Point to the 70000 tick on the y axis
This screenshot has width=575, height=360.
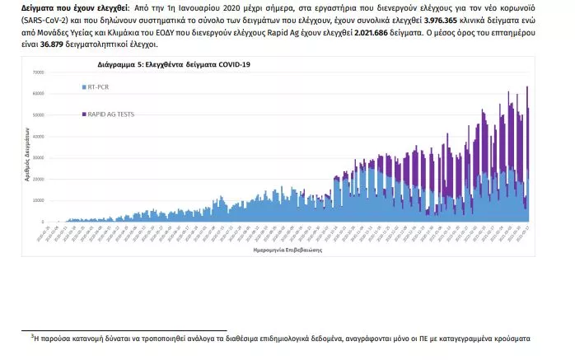pos(37,72)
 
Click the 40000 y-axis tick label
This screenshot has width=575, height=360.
pos(37,137)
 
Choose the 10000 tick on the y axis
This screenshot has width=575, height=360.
pos(37,200)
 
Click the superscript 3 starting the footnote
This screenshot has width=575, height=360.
pos(31,334)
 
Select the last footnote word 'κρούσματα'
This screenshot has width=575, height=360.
pos(510,338)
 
